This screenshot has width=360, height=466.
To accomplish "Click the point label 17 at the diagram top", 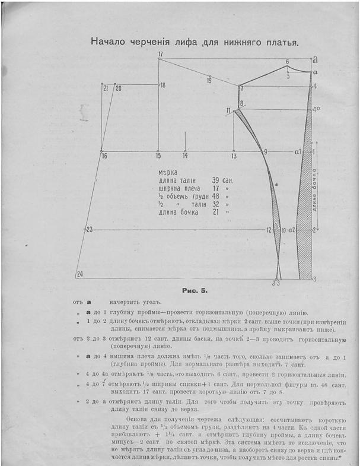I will click(160, 54).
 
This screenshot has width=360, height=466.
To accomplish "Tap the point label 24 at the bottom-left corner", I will click(80, 274).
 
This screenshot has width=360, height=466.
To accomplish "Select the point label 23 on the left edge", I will click(90, 229).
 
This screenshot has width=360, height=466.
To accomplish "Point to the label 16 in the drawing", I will click(104, 156).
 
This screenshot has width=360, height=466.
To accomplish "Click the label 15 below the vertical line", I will click(158, 156).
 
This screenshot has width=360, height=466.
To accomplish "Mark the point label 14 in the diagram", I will click(185, 156).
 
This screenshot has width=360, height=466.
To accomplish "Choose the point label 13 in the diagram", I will click(234, 156).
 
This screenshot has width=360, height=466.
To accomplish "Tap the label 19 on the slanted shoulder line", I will click(209, 80).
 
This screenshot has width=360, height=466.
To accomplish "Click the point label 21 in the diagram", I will click(106, 88).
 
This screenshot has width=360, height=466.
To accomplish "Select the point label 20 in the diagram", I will click(119, 88).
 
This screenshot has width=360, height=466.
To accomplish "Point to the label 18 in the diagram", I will click(163, 85).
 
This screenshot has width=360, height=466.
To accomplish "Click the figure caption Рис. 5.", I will click(195, 291).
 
